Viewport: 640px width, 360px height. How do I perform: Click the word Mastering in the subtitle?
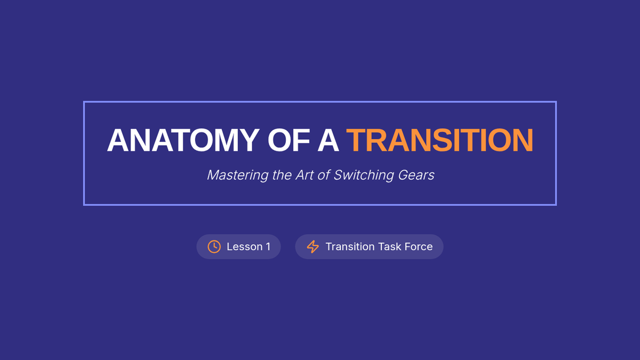(x=238, y=175)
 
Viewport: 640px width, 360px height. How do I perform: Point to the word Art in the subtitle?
(x=305, y=175)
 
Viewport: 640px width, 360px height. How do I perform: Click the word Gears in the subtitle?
(x=417, y=175)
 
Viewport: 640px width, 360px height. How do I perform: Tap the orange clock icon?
(x=214, y=246)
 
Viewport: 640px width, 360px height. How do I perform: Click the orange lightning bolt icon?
(x=313, y=246)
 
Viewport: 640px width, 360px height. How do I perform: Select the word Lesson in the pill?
(x=245, y=246)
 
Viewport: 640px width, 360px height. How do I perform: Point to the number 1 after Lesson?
(x=268, y=246)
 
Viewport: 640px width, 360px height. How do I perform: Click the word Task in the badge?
(x=389, y=246)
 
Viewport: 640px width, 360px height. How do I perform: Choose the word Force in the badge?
(x=419, y=246)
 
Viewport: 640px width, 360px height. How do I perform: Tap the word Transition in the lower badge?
(x=350, y=246)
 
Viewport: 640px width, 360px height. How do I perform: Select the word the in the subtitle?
(x=281, y=175)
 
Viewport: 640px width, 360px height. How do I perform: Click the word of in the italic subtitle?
(x=324, y=175)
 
